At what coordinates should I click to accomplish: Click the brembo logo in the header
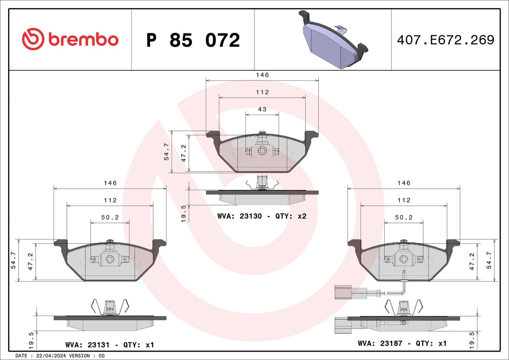click(70, 39)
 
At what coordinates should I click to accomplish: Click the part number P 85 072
click(193, 40)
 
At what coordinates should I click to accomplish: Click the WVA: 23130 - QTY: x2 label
click(261, 216)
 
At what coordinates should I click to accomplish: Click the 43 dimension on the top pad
click(262, 109)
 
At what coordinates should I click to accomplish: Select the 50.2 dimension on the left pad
click(110, 217)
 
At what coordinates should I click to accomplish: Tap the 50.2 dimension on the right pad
click(403, 217)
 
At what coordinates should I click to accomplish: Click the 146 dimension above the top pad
click(262, 76)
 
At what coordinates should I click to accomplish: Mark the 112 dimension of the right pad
click(403, 200)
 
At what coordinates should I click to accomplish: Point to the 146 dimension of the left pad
click(110, 183)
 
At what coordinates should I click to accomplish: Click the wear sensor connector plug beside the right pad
click(342, 292)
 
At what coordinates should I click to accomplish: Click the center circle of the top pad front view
click(262, 151)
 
